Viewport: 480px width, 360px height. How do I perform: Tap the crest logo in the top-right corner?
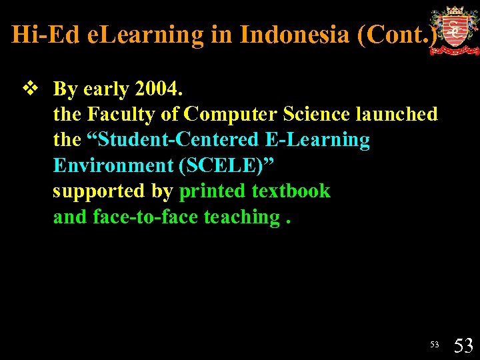(x=454, y=31)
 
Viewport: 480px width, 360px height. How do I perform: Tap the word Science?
(x=317, y=114)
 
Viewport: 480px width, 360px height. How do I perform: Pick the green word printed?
(x=213, y=191)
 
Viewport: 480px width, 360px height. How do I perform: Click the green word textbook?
(x=291, y=191)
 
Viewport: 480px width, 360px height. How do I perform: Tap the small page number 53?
(x=435, y=344)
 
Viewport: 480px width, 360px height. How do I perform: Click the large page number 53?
(x=463, y=345)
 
